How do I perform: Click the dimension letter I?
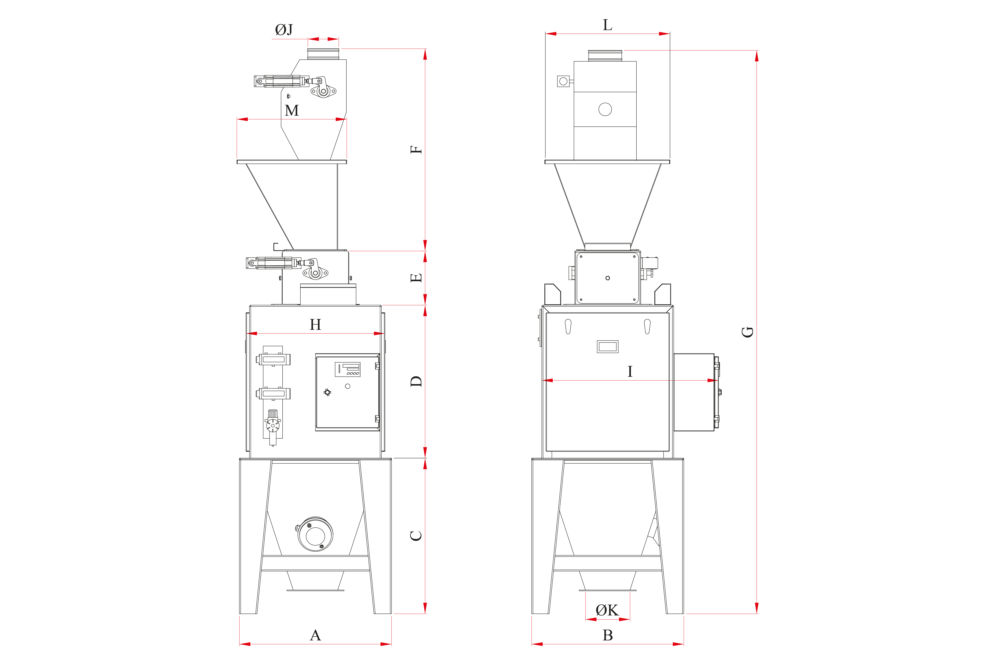(x=630, y=371)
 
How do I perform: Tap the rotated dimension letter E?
(x=416, y=278)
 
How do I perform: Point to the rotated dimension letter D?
(x=416, y=381)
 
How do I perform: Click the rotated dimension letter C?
(x=416, y=536)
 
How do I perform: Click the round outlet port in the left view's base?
(x=315, y=534)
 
